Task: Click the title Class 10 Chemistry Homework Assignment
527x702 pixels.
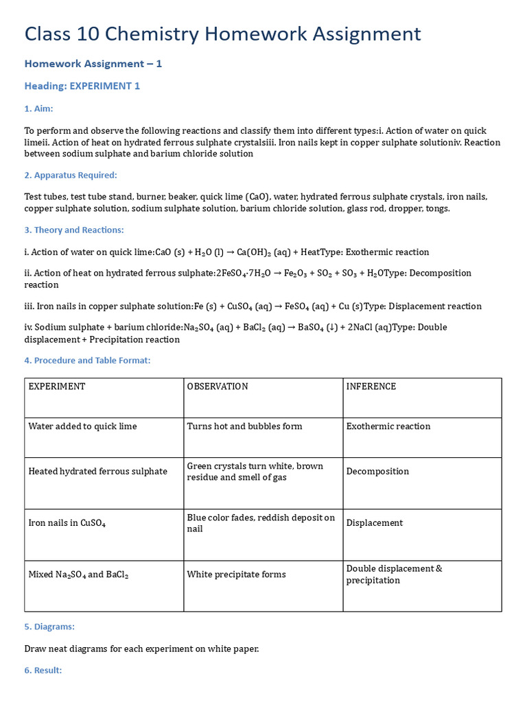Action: click(x=222, y=34)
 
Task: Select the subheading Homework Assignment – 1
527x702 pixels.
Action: click(x=93, y=64)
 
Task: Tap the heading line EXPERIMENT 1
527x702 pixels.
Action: click(x=82, y=86)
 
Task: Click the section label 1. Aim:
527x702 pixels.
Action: click(x=38, y=108)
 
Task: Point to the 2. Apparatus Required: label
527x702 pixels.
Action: click(x=70, y=175)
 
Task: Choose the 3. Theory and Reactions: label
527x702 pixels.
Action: click(x=73, y=230)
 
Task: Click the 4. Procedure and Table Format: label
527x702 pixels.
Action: click(x=87, y=360)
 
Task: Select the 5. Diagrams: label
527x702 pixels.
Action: click(x=49, y=627)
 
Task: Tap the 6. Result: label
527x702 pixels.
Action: click(x=43, y=670)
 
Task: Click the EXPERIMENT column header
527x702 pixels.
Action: click(x=57, y=387)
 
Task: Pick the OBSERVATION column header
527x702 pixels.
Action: click(x=218, y=387)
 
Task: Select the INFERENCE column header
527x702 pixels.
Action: click(x=371, y=387)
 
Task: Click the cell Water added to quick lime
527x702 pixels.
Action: click(x=82, y=426)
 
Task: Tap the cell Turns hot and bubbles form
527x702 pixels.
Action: click(x=244, y=426)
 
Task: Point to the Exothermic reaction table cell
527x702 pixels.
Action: click(x=388, y=426)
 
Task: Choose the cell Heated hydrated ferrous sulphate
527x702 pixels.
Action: click(x=97, y=472)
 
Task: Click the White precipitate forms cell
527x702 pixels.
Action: click(x=236, y=574)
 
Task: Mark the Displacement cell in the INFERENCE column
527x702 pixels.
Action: click(x=375, y=523)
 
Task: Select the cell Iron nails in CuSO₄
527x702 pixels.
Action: click(x=67, y=523)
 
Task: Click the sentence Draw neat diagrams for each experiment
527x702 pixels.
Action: click(x=141, y=649)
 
